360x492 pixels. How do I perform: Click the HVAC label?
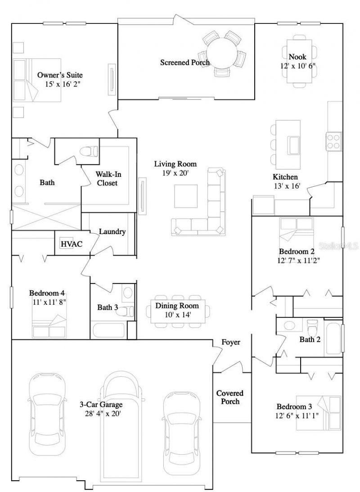72,244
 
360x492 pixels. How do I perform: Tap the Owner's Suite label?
60,75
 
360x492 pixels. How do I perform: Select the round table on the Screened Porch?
222,53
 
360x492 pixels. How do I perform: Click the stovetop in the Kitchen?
333,141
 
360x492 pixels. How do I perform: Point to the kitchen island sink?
294,145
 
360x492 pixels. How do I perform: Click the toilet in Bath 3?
126,311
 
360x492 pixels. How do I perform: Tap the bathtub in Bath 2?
333,338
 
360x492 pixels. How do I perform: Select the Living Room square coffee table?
186,196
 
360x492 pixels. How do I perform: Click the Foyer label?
231,342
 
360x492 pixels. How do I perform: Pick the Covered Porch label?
230,397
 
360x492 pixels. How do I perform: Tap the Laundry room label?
112,231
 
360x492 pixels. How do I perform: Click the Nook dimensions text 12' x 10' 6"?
297,66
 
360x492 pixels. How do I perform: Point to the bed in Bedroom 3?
319,413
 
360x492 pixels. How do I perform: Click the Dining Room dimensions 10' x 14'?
177,315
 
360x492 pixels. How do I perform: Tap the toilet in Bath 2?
312,328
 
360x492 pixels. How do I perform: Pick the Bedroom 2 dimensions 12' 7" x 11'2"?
299,260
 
